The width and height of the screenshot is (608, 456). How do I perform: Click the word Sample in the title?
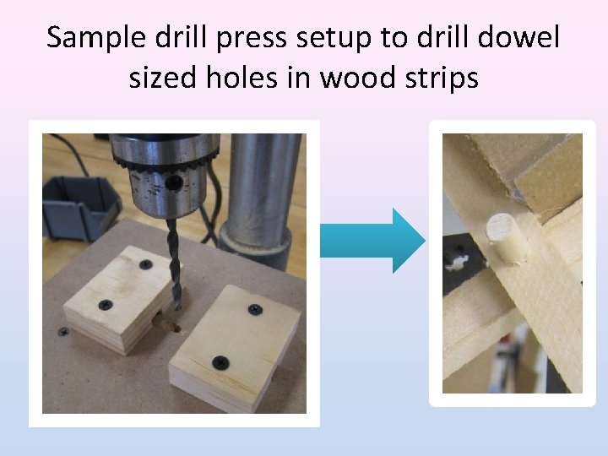(96, 38)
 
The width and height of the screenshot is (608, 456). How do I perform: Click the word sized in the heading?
(163, 77)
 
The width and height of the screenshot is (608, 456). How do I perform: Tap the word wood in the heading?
(357, 76)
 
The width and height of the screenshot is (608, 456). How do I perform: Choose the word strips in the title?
(442, 78)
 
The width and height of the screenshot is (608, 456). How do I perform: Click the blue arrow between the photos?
(372, 241)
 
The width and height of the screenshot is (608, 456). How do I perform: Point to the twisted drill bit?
(175, 263)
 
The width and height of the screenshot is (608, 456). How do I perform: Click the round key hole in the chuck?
(173, 182)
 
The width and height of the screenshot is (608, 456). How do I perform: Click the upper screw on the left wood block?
(146, 265)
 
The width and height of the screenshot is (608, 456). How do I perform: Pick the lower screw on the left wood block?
(106, 305)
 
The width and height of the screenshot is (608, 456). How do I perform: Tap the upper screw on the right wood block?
(255, 309)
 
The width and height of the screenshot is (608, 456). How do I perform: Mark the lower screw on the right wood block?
(220, 362)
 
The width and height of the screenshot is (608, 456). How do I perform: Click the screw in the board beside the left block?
(63, 332)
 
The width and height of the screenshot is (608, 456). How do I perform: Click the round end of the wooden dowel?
(499, 227)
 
